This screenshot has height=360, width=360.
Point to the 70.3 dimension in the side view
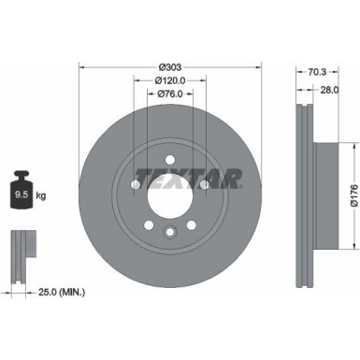[x=318, y=70]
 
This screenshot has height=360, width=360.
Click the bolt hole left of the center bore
[x=135, y=185]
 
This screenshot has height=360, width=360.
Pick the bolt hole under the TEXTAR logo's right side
[x=205, y=185]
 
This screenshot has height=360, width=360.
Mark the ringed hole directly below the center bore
[x=169, y=233]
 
